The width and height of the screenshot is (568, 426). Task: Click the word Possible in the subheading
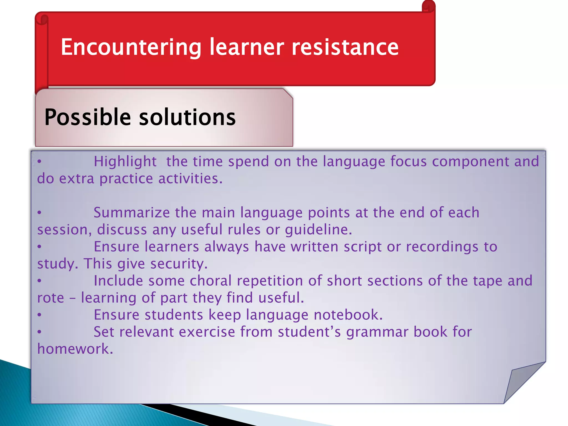(87, 118)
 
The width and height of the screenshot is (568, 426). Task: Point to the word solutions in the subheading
(187, 118)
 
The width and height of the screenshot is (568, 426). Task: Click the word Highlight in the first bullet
(125, 162)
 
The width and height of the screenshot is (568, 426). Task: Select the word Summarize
(131, 213)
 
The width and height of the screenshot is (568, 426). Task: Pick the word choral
(211, 281)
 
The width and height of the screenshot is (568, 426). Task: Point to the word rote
(50, 298)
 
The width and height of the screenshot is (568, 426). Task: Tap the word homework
(75, 349)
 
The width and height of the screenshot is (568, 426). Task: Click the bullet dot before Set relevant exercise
(40, 332)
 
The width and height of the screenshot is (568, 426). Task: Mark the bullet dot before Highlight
(40, 161)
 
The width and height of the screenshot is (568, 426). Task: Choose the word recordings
(442, 247)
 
